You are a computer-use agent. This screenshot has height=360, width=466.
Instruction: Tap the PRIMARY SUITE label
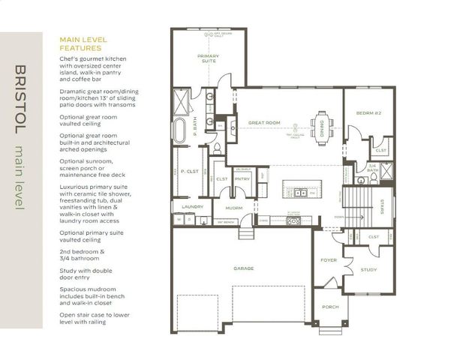coord(208,58)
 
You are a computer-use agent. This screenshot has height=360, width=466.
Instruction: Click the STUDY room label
coord(368,269)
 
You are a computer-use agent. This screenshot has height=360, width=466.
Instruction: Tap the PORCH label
coord(330,307)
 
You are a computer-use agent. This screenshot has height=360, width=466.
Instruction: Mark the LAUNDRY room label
coord(188,206)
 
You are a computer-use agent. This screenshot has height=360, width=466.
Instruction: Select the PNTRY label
coord(242,179)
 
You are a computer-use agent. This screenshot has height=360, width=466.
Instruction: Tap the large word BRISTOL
coord(20,98)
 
